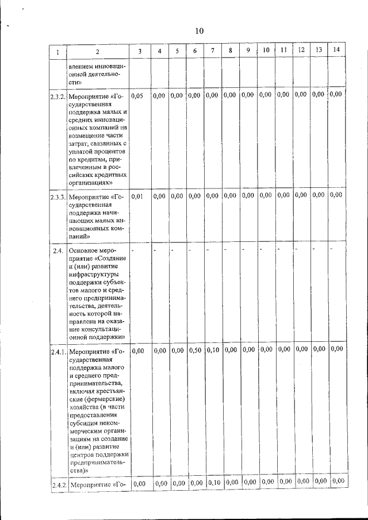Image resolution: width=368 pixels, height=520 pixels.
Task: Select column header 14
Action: [x=336, y=50]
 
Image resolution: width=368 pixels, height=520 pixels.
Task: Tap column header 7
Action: [x=213, y=51]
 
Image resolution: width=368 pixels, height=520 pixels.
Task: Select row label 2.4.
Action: [x=57, y=251]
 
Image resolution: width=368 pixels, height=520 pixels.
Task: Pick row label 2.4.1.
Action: [x=57, y=350]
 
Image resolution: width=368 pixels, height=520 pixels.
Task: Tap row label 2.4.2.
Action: [x=57, y=484]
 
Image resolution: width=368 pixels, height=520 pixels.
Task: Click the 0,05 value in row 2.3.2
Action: [x=138, y=95]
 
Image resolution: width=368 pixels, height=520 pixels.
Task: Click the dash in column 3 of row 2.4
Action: [x=133, y=250]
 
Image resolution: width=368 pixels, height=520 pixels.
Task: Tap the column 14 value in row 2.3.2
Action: [x=337, y=94]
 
